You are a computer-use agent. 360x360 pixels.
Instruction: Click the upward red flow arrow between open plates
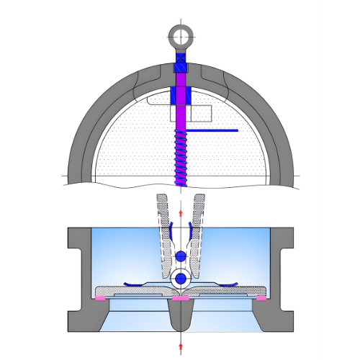(x=179, y=213)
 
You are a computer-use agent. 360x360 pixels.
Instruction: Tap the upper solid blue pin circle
(x=179, y=256)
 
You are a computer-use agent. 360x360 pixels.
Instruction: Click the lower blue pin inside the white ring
(x=179, y=278)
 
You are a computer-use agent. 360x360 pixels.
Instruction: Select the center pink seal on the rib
(x=179, y=297)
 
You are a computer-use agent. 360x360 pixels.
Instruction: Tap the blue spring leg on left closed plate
(x=137, y=282)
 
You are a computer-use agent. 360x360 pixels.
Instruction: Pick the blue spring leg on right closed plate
(x=223, y=282)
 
